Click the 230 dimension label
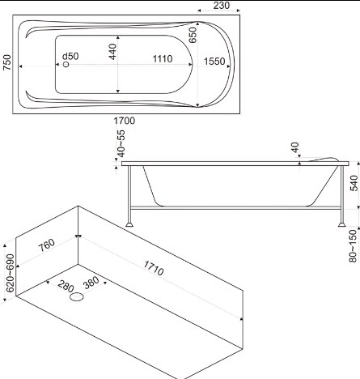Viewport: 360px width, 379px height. [x=222, y=5]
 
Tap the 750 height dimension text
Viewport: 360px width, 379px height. [x=7, y=62]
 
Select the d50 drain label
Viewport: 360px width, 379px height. [x=70, y=56]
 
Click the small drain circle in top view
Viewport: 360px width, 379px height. [x=66, y=65]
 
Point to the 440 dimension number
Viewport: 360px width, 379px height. [x=112, y=52]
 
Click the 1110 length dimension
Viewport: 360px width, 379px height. [x=163, y=59]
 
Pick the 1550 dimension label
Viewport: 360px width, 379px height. [x=214, y=62]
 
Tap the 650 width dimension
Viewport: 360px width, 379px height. [x=193, y=35]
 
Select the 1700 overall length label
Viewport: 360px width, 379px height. [x=125, y=121]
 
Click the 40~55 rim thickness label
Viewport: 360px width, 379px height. [x=121, y=143]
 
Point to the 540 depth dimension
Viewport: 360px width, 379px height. [x=354, y=183]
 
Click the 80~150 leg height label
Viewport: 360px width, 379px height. [x=353, y=245]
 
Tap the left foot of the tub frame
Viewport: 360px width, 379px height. [x=129, y=224]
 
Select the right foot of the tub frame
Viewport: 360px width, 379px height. [x=342, y=224]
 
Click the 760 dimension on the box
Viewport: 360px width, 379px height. [x=46, y=245]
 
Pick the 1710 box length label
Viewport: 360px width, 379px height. [x=154, y=268]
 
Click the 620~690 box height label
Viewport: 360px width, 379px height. [x=11, y=273]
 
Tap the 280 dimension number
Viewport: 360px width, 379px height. [x=66, y=287]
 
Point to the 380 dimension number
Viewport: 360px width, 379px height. [x=91, y=283]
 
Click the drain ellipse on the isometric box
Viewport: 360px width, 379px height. [x=77, y=297]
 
